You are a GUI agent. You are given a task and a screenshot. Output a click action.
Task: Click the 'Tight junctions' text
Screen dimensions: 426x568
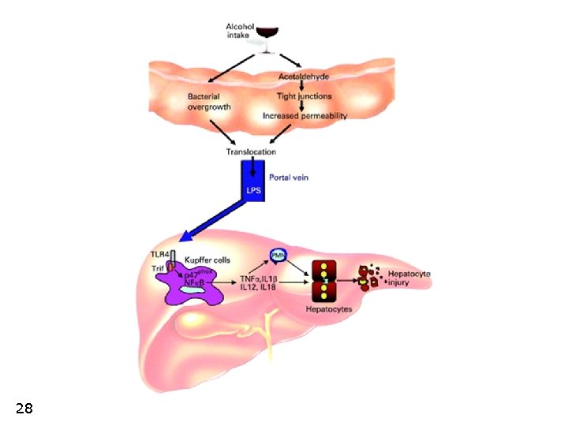click(304, 96)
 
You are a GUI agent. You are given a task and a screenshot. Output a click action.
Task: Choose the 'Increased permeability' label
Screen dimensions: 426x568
click(305, 115)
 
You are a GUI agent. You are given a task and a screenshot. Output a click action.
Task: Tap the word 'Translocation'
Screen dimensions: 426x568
click(252, 151)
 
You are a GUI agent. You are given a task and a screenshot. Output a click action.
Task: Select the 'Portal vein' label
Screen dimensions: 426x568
click(289, 177)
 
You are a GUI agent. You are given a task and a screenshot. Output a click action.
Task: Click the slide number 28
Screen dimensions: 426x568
click(24, 408)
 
